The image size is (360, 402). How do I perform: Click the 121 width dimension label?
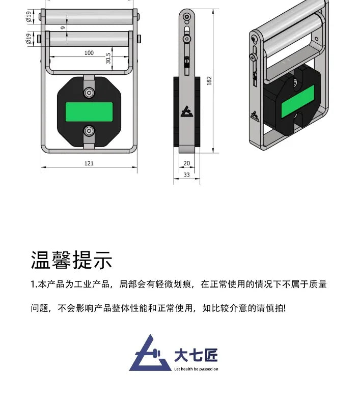coord(89,163)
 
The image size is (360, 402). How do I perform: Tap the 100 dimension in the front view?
coord(89,53)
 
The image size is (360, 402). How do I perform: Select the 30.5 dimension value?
coord(108,58)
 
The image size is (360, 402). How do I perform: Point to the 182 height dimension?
coord(209,80)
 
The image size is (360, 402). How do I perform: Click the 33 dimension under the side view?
coord(186,175)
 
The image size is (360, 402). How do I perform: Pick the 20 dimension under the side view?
coord(186,163)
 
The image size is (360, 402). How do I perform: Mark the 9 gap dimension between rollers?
coord(63,27)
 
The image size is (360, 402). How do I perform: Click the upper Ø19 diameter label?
coord(29,16)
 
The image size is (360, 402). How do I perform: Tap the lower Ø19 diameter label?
coord(29,39)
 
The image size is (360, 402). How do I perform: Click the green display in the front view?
coord(89,112)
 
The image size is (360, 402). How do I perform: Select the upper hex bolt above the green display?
coord(89,92)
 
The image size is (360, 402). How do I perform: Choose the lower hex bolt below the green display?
coord(89,131)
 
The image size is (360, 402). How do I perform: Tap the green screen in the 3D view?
coord(298,102)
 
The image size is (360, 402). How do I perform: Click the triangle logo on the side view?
coord(186,112)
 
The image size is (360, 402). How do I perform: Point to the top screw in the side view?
coord(187,17)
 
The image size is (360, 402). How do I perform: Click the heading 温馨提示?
coord(71,260)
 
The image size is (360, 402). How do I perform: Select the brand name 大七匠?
coord(196,355)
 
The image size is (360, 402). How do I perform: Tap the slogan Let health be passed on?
coord(196,369)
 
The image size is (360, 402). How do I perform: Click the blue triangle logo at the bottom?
coord(150,353)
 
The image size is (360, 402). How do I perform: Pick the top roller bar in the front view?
coord(89,17)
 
